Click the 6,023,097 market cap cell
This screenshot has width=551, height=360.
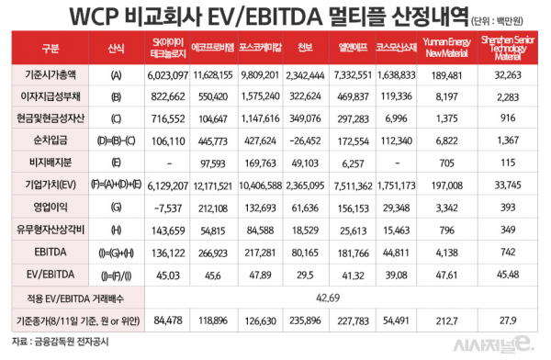point(167,72)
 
